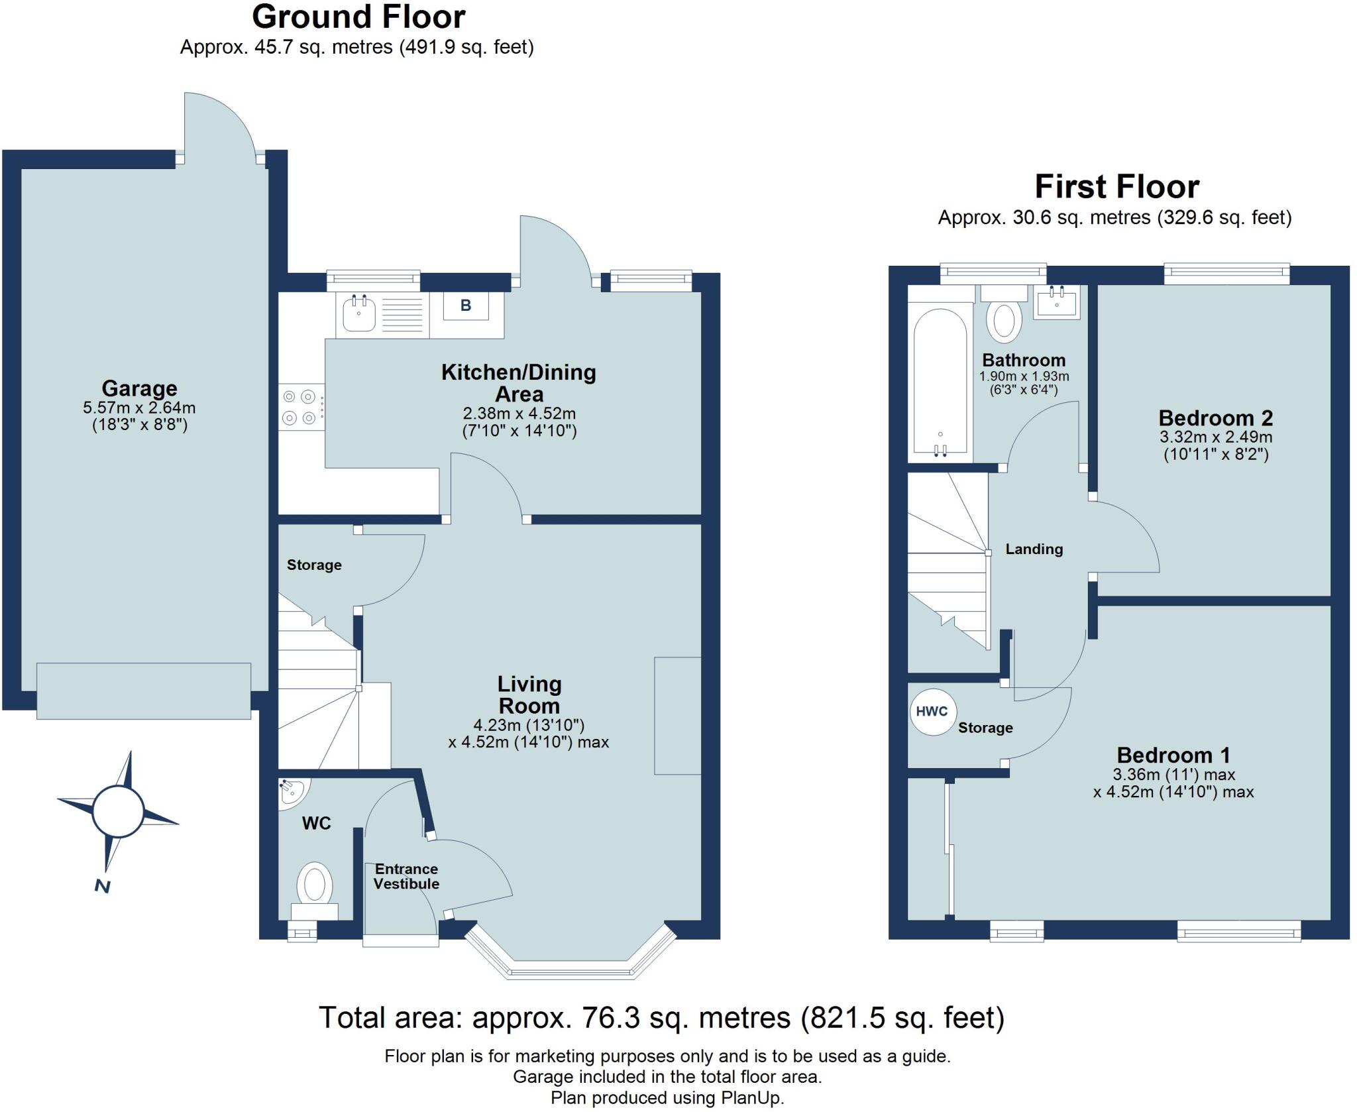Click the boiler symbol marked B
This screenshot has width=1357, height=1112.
point(465,306)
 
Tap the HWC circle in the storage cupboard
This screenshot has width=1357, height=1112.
point(932,712)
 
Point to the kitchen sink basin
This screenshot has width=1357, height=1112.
point(359,313)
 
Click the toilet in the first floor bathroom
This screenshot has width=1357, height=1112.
point(1003,319)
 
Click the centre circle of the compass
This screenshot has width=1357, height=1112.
point(118,812)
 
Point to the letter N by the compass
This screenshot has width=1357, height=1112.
point(102,886)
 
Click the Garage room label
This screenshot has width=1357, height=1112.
point(139,388)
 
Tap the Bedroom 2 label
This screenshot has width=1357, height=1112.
point(1215,418)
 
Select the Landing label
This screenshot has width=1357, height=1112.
point(1034,549)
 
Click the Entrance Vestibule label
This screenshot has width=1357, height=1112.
point(406,876)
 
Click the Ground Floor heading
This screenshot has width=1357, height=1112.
point(358,17)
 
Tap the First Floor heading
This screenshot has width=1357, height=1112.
point(1116,187)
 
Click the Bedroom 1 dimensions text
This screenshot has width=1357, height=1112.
point(1173,783)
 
